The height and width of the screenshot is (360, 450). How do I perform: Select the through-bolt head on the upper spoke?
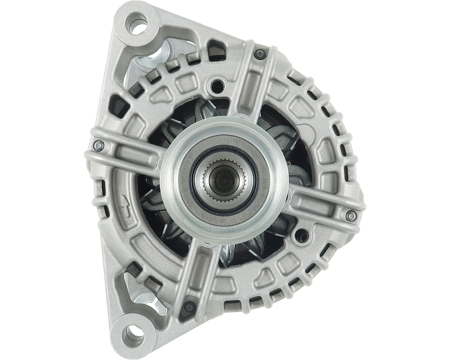(x=259, y=55)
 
